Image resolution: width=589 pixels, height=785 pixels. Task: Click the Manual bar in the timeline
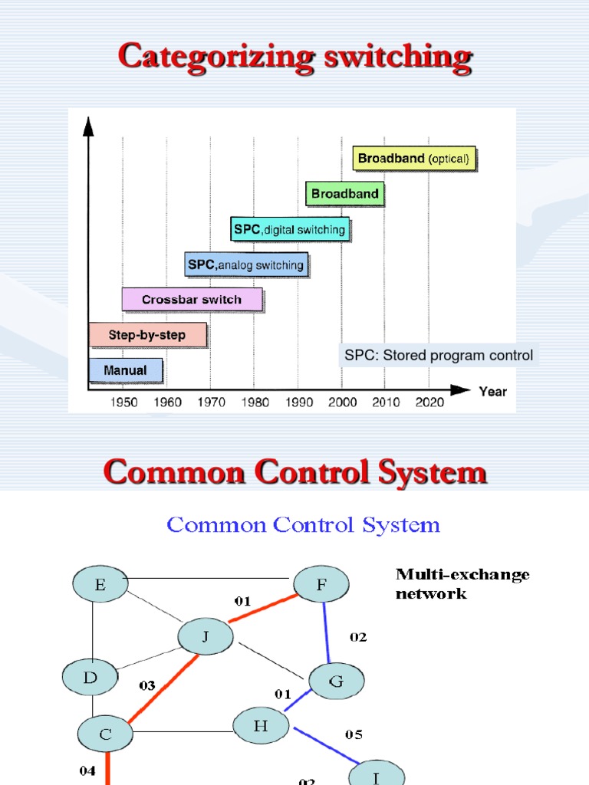(126, 370)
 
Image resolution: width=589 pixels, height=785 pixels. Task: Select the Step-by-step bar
(148, 335)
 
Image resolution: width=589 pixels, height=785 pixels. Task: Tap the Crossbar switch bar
(192, 300)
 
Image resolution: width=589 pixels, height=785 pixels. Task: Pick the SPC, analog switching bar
(245, 265)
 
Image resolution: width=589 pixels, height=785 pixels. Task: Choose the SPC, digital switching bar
(290, 229)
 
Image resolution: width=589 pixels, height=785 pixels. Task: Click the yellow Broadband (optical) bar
(414, 159)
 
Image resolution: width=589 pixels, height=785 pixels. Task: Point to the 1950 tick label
(124, 402)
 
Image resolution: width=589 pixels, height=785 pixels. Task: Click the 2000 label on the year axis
(342, 402)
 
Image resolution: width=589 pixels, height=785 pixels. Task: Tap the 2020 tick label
(429, 402)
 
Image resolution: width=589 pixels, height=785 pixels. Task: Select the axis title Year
(492, 392)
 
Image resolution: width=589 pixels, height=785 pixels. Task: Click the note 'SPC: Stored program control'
(439, 356)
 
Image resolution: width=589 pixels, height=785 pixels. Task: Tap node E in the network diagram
(100, 586)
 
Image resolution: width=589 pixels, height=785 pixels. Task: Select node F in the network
(321, 585)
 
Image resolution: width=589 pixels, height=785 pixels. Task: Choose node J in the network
(205, 636)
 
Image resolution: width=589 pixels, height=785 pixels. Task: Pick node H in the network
(261, 726)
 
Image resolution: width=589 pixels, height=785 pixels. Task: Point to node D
(90, 678)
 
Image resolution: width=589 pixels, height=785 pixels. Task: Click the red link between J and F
(263, 609)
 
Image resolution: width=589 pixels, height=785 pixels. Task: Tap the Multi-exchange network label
(462, 583)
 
